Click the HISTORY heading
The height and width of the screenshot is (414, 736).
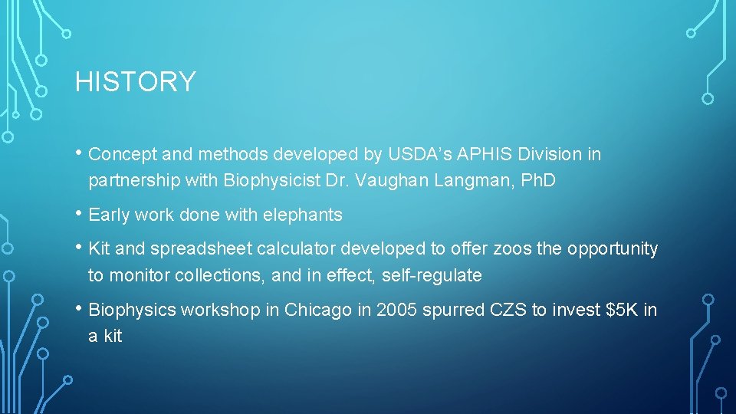[135, 82]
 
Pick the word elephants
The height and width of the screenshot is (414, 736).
[302, 215]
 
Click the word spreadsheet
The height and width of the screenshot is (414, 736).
[199, 249]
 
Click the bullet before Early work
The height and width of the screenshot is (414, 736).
[80, 214]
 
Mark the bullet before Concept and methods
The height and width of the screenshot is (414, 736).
[80, 153]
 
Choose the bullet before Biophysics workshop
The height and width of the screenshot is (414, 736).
[80, 309]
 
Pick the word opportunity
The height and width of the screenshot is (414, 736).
[610, 249]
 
